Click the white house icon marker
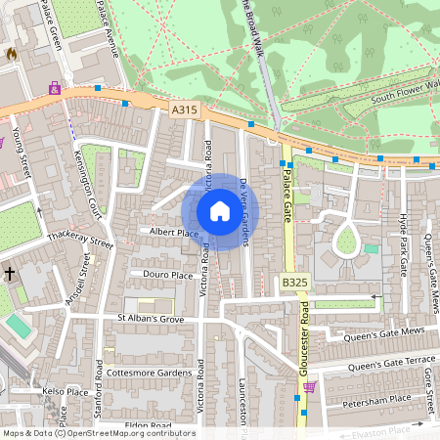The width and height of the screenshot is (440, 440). coord(220,211)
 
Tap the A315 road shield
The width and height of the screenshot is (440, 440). coord(185,110)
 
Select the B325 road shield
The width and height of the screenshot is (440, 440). coord(294,283)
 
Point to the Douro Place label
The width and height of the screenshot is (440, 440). coord(167,276)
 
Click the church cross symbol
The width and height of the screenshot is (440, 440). coord(10,275)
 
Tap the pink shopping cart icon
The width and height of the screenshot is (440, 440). coord(310,387)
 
